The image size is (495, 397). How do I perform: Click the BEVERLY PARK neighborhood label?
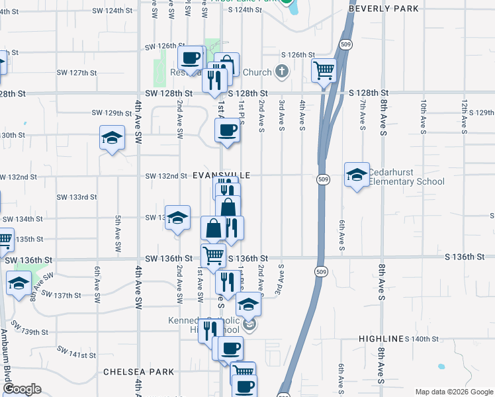tap(384, 9)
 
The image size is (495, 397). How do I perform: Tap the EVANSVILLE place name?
tap(222, 175)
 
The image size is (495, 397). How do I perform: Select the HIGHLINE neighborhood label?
tap(381, 339)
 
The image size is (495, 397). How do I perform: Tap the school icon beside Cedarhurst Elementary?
tap(357, 175)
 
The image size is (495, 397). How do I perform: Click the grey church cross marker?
tap(283, 71)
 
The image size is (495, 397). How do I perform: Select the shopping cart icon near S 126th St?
tap(324, 69)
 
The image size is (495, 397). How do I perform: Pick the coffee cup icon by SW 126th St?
tap(191, 58)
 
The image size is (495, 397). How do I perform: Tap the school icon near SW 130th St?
tap(112, 138)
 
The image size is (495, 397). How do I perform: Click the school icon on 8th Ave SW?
tap(18, 284)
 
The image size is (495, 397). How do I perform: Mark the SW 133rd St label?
tap(77, 197)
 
